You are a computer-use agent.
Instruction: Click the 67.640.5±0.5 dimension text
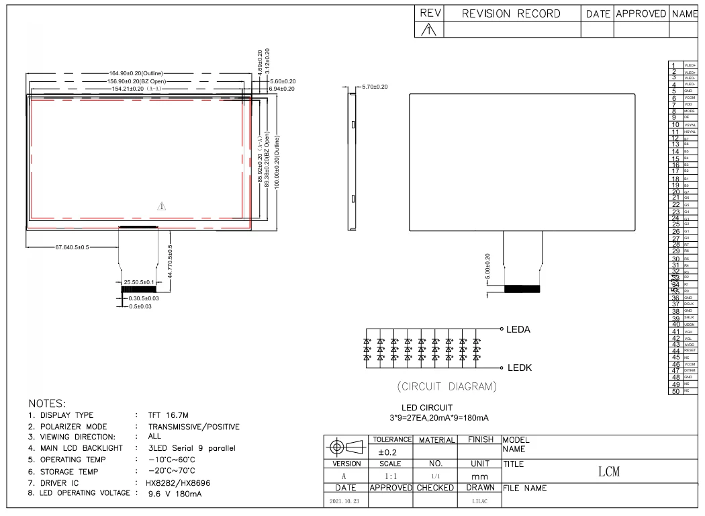[72, 247]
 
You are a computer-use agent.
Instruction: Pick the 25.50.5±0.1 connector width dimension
[138, 283]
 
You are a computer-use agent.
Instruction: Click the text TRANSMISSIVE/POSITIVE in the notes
[194, 427]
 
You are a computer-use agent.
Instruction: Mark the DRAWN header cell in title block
[479, 487]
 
